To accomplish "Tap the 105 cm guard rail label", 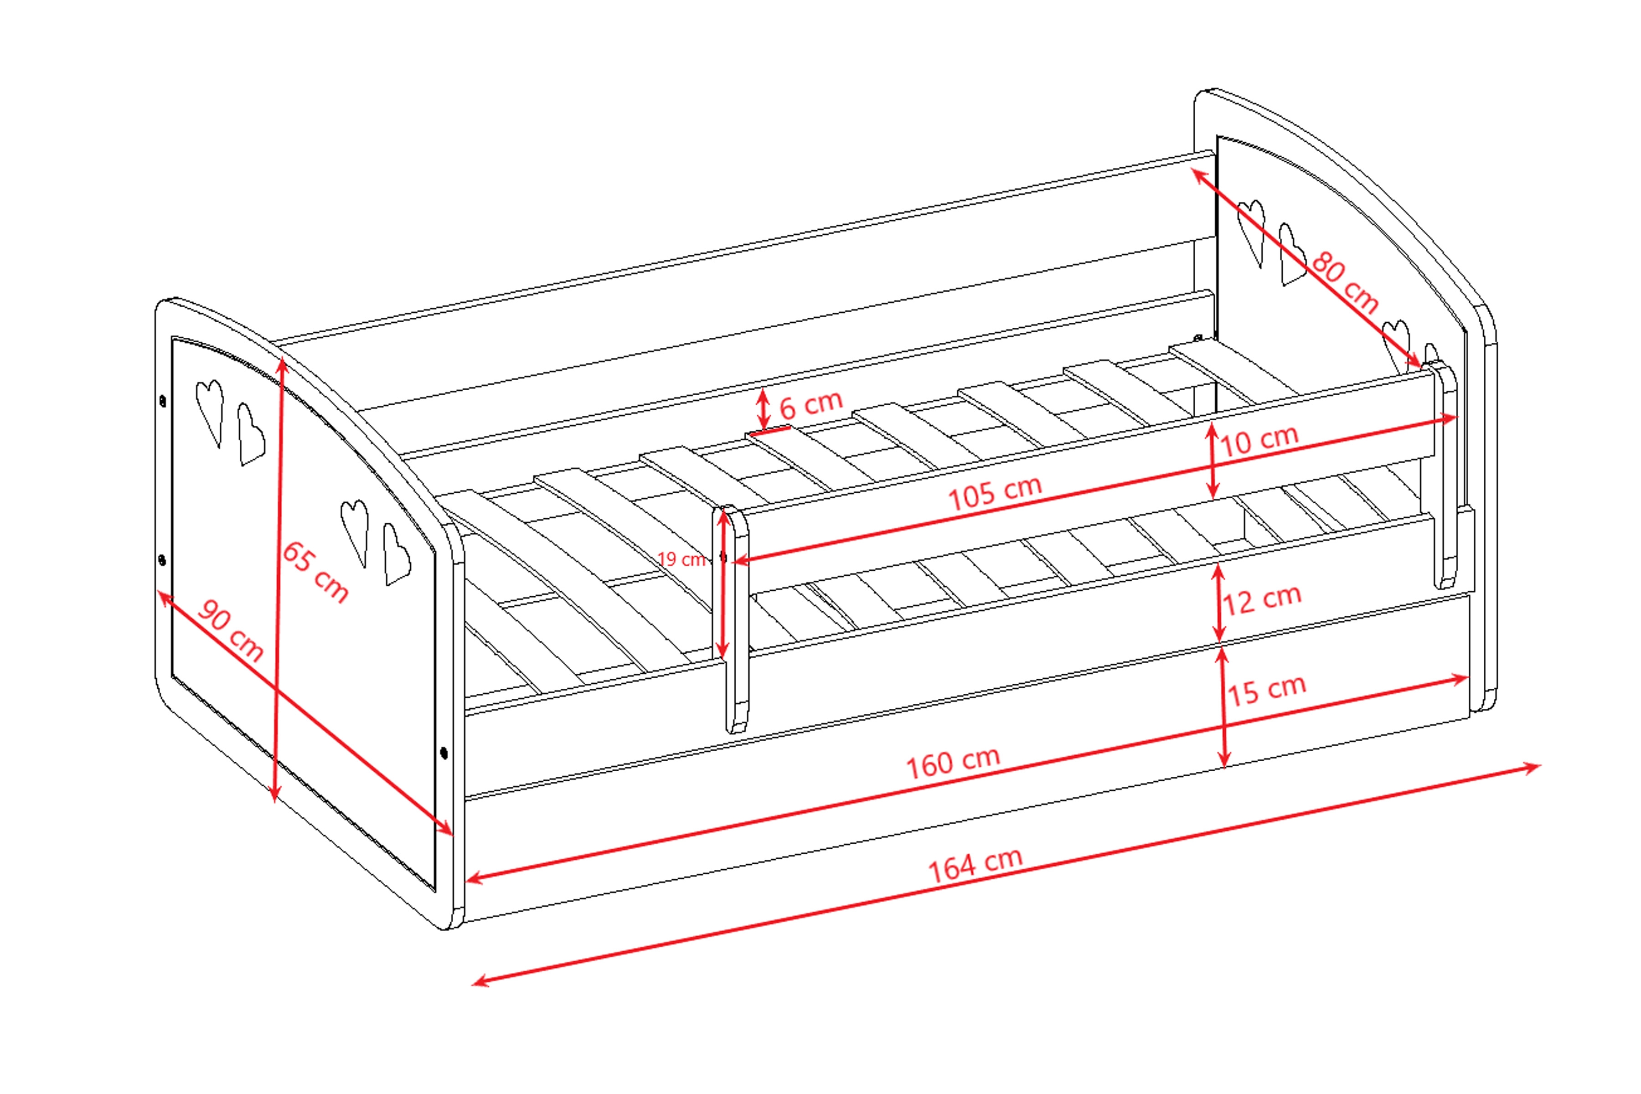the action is click(995, 493).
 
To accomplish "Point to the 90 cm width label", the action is click(230, 630).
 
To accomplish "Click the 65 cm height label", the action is click(315, 572).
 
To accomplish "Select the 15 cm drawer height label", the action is click(1266, 690).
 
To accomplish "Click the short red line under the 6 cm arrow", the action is click(769, 431).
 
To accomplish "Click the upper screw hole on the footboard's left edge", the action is click(163, 401).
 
